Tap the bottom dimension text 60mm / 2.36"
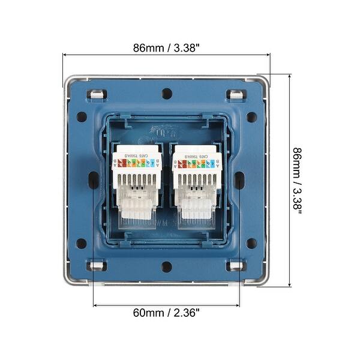pyautogui.click(x=166, y=312)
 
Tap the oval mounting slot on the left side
pyautogui.click(x=94, y=180)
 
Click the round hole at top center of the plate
pyautogui.click(x=167, y=94)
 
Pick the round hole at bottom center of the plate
pyautogui.click(x=167, y=266)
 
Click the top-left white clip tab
pyautogui.click(x=96, y=94)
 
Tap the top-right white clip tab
pyautogui.click(x=236, y=94)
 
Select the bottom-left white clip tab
pyautogui.click(x=96, y=265)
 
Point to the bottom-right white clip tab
pyautogui.click(x=236, y=265)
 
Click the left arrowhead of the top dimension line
pyautogui.click(x=65, y=55)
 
